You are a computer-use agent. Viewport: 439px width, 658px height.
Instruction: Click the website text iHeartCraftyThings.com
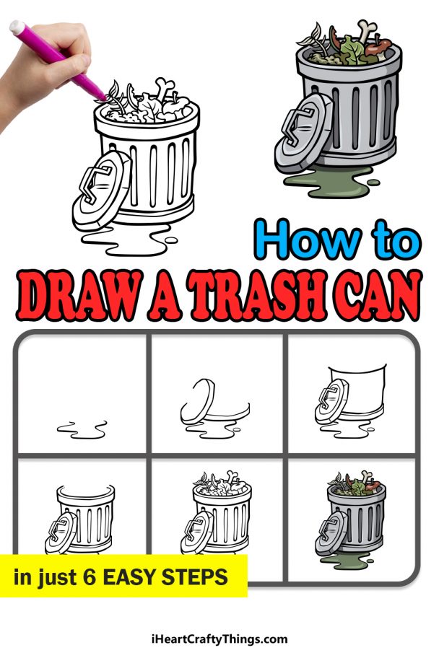[x=219, y=639]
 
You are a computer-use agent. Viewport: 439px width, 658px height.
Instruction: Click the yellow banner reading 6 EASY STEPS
[x=123, y=576]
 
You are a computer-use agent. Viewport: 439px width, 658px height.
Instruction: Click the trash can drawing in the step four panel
[x=83, y=519]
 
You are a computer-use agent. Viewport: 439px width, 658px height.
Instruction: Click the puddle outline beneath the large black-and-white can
[x=126, y=238]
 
